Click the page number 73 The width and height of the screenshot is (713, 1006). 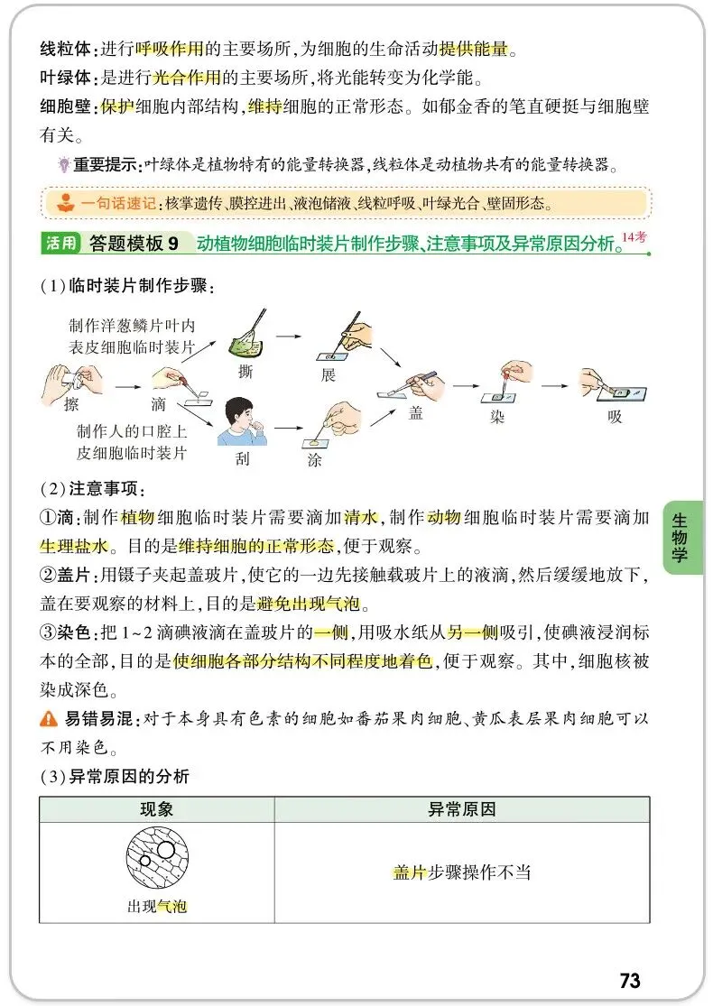click(x=630, y=980)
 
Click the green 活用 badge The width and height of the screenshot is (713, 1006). click(x=60, y=243)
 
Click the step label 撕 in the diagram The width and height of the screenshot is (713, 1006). click(x=245, y=372)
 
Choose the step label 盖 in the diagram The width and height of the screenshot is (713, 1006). click(x=416, y=412)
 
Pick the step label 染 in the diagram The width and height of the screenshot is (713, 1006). click(x=497, y=418)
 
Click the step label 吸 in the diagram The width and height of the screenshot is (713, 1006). click(x=615, y=418)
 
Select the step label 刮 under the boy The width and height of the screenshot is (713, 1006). click(x=242, y=458)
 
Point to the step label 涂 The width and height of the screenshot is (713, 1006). click(x=313, y=459)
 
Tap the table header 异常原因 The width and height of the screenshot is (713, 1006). click(x=461, y=809)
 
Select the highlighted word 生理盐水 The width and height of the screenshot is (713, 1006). click(x=74, y=546)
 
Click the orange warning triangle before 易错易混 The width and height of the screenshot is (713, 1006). click(x=48, y=719)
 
